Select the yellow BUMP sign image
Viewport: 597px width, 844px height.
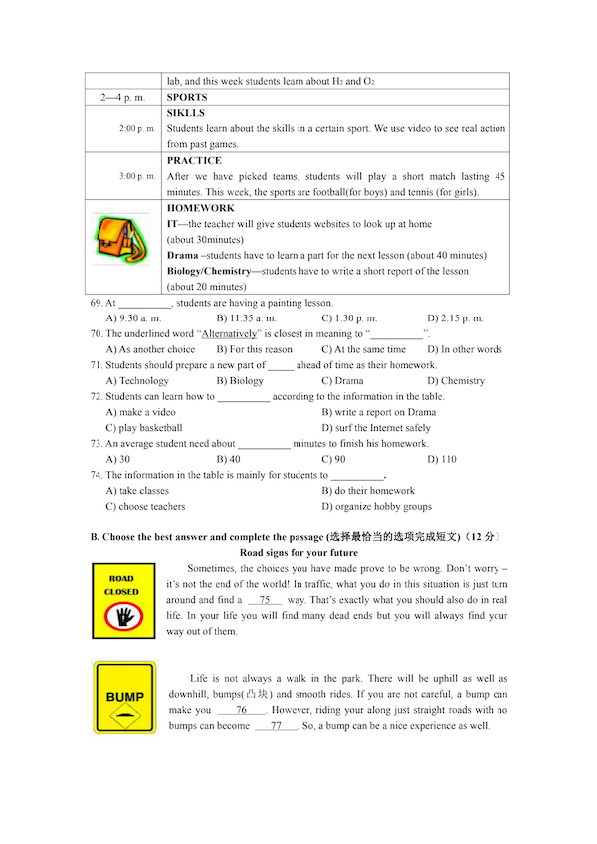pos(124,698)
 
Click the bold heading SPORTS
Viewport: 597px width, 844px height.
pos(187,98)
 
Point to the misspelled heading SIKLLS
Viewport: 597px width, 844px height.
pos(186,113)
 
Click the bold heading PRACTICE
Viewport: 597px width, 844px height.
pos(194,161)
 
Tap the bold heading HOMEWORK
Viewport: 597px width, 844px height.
pos(200,208)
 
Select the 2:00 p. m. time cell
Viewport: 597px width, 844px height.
pos(137,129)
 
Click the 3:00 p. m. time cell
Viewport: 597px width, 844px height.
pos(137,176)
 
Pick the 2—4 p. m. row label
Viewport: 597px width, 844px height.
pos(123,98)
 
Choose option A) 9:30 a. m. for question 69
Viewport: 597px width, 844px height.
pos(133,318)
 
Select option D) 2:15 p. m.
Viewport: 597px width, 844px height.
pos(455,318)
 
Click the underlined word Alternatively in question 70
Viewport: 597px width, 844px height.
pos(230,334)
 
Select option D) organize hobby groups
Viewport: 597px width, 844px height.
pos(376,507)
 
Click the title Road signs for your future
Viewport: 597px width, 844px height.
pos(298,553)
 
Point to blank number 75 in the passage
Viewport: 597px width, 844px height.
pos(264,600)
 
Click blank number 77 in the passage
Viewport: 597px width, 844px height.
pos(276,726)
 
